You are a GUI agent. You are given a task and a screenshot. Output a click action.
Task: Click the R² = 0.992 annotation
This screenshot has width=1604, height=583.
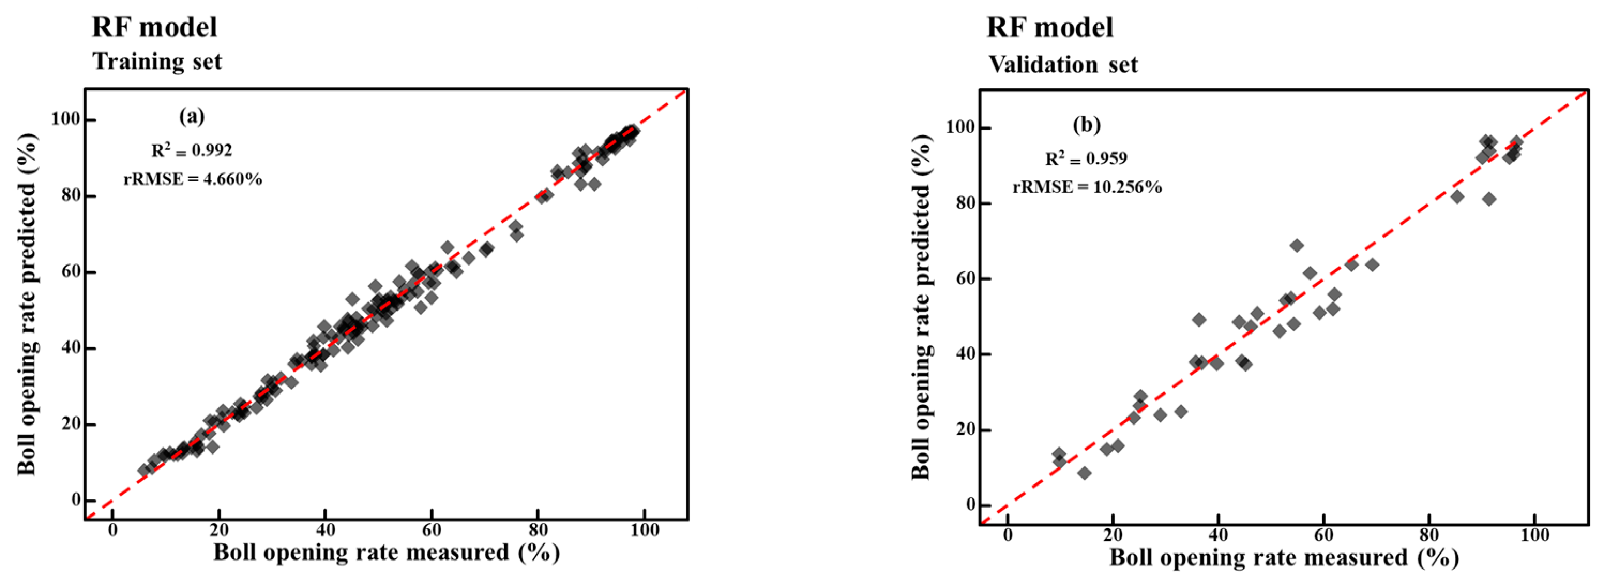coord(192,150)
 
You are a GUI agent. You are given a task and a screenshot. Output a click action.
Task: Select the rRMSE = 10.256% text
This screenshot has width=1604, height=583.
coord(1087,187)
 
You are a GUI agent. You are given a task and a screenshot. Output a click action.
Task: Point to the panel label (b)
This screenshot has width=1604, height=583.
coord(1087,125)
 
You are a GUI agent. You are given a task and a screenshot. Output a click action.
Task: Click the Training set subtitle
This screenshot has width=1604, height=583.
coord(157,62)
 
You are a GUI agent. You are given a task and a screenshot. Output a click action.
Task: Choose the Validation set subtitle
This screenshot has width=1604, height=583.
coord(1063,65)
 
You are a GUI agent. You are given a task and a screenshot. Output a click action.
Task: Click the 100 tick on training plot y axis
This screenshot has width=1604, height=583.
coord(65,119)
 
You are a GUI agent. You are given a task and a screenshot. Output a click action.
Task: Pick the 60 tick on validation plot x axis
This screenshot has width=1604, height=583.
coord(1324,534)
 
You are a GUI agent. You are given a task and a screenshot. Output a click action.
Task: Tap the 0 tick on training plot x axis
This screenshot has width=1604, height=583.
coord(113,530)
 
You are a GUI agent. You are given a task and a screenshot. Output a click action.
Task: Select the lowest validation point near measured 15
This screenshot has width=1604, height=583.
coord(1084,473)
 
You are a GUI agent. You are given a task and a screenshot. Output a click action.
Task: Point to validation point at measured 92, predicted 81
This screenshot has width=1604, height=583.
coord(1489,199)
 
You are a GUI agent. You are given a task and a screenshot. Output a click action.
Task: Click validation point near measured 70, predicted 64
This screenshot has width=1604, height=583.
coord(1372,264)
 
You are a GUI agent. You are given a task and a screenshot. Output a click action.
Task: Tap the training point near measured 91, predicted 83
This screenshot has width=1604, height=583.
coord(594,184)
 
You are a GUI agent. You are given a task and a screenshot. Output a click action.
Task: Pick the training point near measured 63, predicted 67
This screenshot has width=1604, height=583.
coord(447,247)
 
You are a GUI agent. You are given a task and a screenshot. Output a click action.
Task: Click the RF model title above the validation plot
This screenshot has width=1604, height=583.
coord(1050,28)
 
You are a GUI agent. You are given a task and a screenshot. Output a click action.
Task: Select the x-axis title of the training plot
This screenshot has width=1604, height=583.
coord(386,552)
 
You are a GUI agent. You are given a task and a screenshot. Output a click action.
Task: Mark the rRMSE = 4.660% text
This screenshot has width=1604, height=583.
coord(193,179)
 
